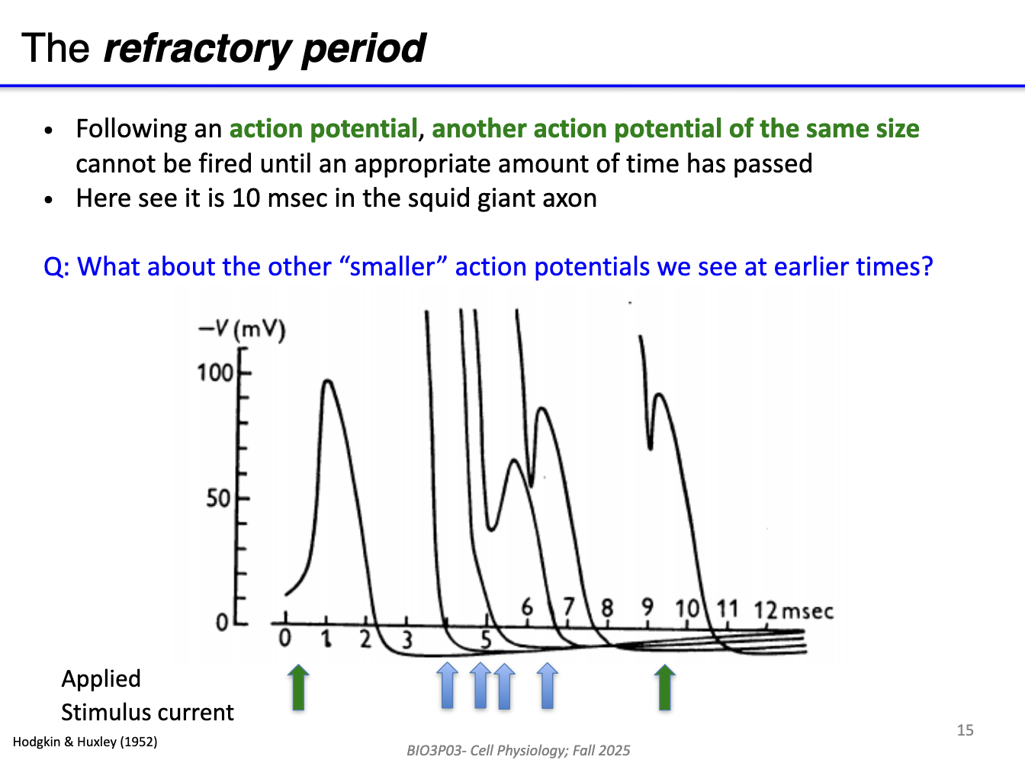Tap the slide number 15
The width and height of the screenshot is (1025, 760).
pyautogui.click(x=965, y=730)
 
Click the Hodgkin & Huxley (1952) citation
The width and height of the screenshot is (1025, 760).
pyautogui.click(x=85, y=742)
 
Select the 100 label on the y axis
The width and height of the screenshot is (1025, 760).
pyautogui.click(x=214, y=372)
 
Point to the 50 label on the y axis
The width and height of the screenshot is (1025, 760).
pyautogui.click(x=218, y=499)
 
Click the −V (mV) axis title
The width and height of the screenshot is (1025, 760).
pyautogui.click(x=242, y=330)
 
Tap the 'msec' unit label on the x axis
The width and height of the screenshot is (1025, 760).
pyautogui.click(x=808, y=611)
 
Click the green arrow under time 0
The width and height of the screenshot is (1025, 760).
pyautogui.click(x=298, y=687)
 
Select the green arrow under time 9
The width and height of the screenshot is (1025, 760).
pyautogui.click(x=665, y=687)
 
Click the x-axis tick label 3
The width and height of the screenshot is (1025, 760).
pyautogui.click(x=406, y=639)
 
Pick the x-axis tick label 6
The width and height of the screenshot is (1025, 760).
pyautogui.click(x=527, y=607)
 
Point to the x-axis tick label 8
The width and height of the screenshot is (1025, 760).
pyautogui.click(x=607, y=608)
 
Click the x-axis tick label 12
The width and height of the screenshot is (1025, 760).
pyautogui.click(x=765, y=610)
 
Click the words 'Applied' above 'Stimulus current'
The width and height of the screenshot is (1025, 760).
pyautogui.click(x=101, y=678)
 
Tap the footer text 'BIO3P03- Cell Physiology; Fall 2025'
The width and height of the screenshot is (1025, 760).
pyautogui.click(x=519, y=750)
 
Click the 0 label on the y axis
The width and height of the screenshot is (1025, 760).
pyautogui.click(x=221, y=623)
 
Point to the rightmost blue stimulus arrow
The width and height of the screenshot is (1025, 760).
pyautogui.click(x=547, y=686)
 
